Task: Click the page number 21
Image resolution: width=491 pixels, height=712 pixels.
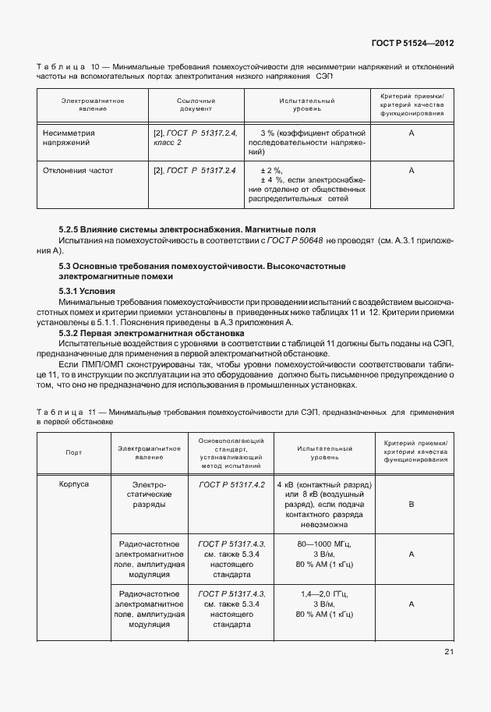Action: click(449, 652)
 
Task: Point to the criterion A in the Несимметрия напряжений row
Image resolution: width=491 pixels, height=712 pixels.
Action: click(410, 133)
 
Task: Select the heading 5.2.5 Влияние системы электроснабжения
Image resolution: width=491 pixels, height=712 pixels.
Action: click(187, 230)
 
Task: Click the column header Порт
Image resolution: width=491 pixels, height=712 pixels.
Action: click(74, 452)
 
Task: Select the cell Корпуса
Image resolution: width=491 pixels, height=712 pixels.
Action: click(74, 484)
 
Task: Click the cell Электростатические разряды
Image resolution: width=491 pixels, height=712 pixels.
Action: click(150, 494)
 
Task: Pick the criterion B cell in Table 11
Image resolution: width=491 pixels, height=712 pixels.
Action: click(411, 505)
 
